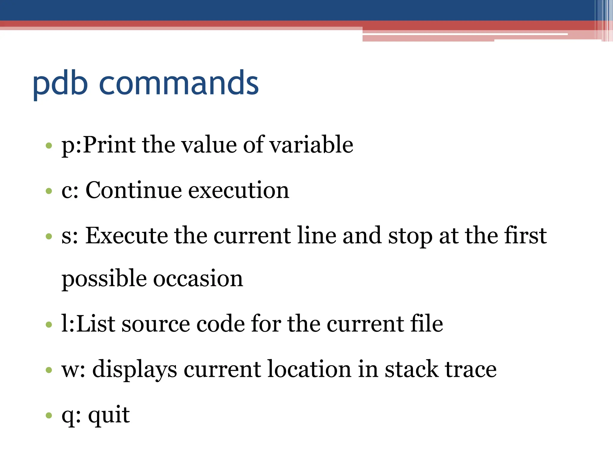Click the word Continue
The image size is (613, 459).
[133, 190]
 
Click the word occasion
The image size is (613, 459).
[198, 279]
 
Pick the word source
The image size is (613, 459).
[156, 324]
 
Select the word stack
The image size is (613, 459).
[412, 369]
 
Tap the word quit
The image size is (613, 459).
[109, 415]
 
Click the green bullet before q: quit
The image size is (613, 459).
[49, 415]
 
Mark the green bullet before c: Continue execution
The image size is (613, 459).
[49, 191]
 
